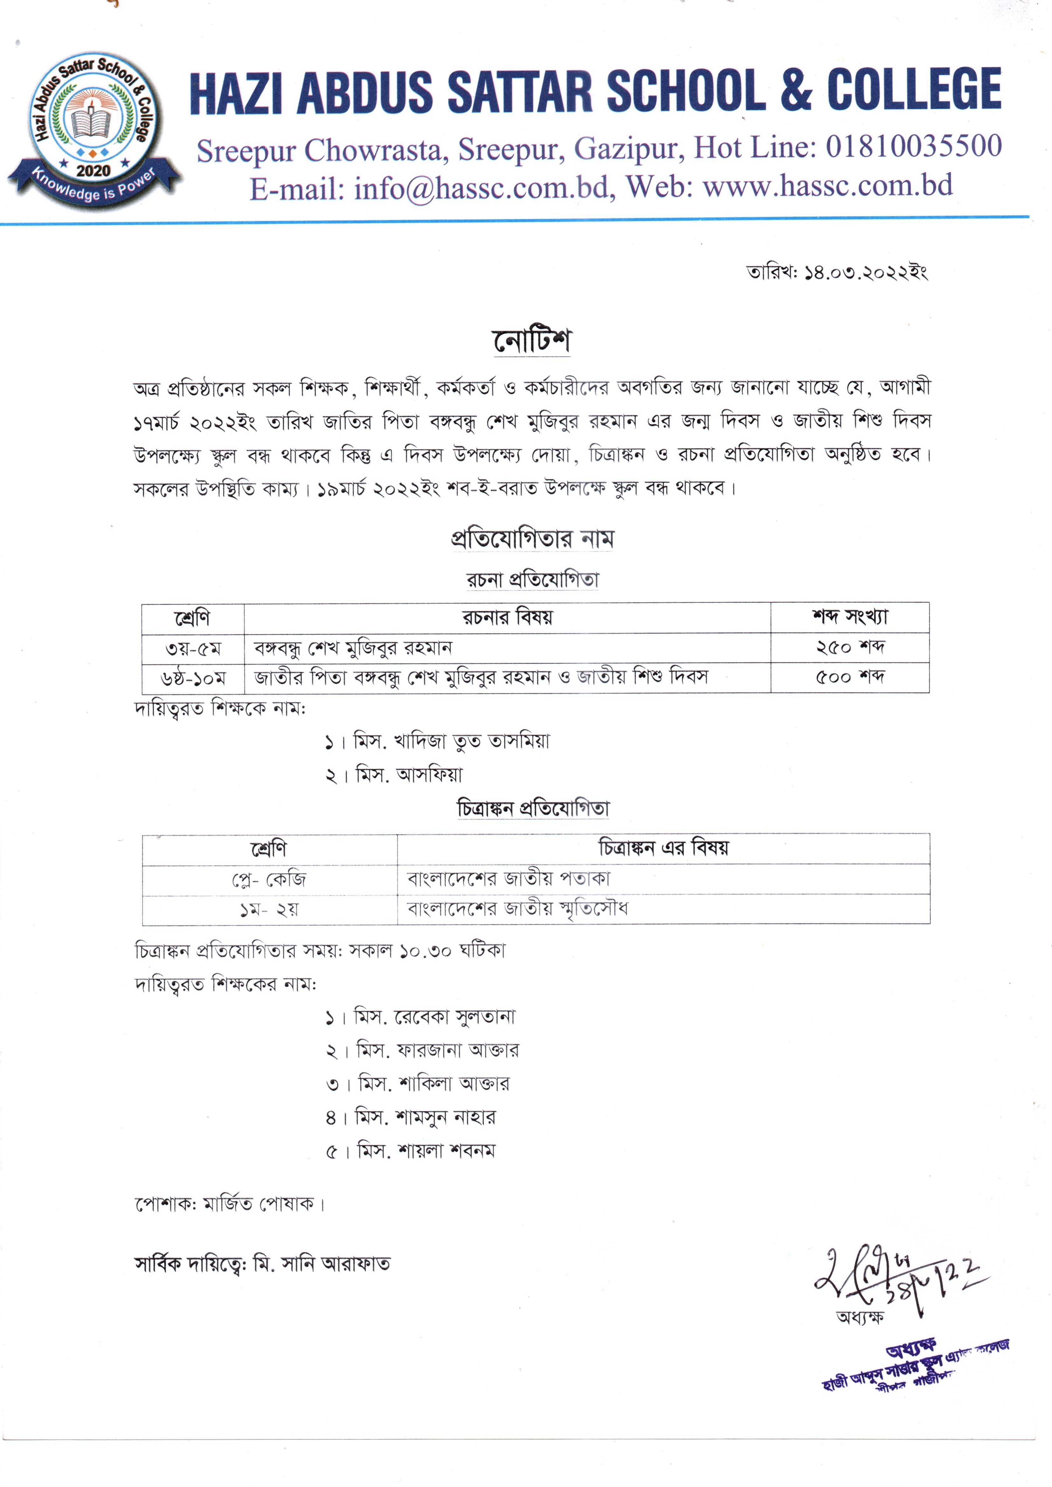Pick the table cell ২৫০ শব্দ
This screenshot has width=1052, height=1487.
(850, 647)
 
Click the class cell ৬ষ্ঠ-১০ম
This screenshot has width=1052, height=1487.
(193, 678)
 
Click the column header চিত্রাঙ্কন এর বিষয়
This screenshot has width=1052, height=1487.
(663, 848)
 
